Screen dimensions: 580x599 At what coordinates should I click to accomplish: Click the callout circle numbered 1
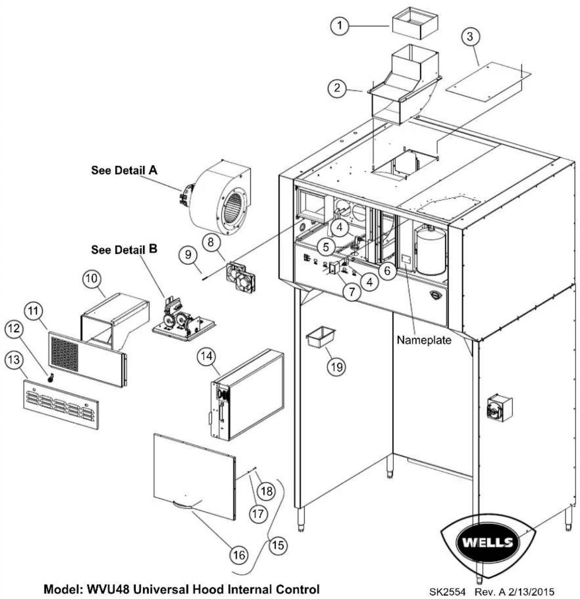coord(340,25)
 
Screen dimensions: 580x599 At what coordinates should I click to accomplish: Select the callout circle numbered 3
coord(470,36)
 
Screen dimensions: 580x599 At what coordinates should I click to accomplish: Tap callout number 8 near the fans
coord(211,242)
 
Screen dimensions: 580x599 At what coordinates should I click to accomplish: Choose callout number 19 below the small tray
coord(337,367)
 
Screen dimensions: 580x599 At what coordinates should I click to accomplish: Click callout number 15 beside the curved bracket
coord(278,545)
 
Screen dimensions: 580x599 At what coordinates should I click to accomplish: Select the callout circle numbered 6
coord(387,271)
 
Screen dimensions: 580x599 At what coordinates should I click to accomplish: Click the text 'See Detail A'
coord(124,170)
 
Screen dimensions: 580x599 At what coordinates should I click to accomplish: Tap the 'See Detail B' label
coord(124,249)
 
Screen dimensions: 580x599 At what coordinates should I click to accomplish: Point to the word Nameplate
coord(424,340)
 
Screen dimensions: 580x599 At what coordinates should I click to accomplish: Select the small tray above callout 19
coord(321,337)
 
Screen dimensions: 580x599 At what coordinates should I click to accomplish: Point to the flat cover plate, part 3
coord(489,82)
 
